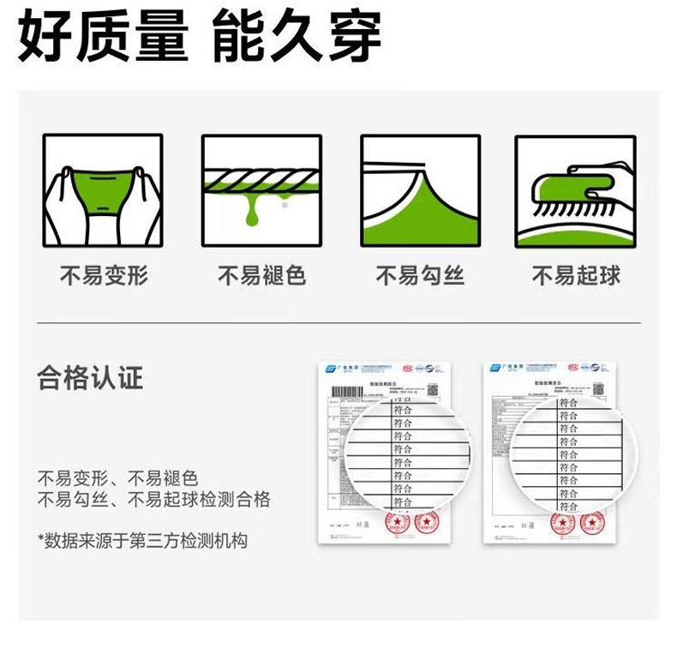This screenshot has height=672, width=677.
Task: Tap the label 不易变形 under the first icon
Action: [x=104, y=276]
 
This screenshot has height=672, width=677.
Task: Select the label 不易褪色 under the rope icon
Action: [x=261, y=276]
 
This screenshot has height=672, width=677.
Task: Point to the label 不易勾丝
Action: [x=420, y=276]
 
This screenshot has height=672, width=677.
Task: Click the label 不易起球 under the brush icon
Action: [x=576, y=276]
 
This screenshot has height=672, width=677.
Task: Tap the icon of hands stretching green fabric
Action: [x=103, y=190]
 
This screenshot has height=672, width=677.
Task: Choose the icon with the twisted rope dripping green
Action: [x=261, y=190]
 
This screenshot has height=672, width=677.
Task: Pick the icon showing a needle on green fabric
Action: [x=420, y=190]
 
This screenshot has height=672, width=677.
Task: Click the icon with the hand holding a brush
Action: [x=576, y=190]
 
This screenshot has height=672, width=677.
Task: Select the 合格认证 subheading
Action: [x=90, y=378]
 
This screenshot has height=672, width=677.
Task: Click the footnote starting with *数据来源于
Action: [x=142, y=541]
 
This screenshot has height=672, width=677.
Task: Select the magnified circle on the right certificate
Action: [x=575, y=454]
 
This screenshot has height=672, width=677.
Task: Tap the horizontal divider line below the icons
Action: [x=338, y=323]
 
